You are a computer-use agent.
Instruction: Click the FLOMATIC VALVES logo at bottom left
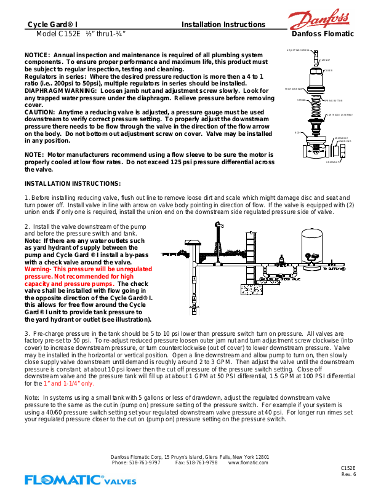click(x=80, y=479)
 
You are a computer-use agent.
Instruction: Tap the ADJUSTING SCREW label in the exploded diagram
click(x=298, y=50)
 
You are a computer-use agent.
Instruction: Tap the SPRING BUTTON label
click(x=333, y=100)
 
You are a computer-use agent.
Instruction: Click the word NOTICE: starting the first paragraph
click(x=38, y=55)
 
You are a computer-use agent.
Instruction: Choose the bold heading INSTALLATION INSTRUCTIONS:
click(x=73, y=183)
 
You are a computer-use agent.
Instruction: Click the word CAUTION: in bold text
click(x=40, y=113)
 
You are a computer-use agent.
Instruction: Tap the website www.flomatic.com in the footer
click(x=248, y=462)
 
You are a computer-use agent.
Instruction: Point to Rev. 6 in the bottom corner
click(x=349, y=474)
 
